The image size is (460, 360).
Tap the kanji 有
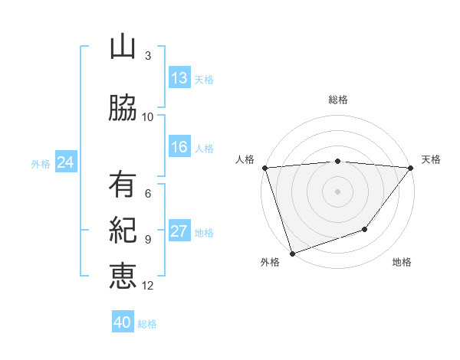pos(123,185)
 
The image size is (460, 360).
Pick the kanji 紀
pos(123,230)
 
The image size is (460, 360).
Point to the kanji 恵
pos(123,276)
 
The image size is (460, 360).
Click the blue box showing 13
pos(179,77)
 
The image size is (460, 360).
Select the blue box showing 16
pos(179,147)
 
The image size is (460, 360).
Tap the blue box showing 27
pos(179,231)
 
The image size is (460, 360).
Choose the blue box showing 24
pos(65,162)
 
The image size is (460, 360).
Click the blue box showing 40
pos(123,322)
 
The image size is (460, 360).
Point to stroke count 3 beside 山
pos(148,56)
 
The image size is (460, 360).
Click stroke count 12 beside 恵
pos(148,286)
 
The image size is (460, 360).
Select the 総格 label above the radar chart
pos(337,100)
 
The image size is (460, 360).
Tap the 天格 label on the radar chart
pos(432,159)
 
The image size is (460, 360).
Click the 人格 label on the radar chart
pos(245,159)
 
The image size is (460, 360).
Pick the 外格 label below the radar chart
pos(270,262)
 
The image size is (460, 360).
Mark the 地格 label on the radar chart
pos(402,262)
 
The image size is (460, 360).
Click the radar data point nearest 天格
pos(411,168)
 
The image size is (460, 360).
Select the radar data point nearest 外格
pos(292,253)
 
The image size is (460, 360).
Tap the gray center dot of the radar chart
pos(337,191)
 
